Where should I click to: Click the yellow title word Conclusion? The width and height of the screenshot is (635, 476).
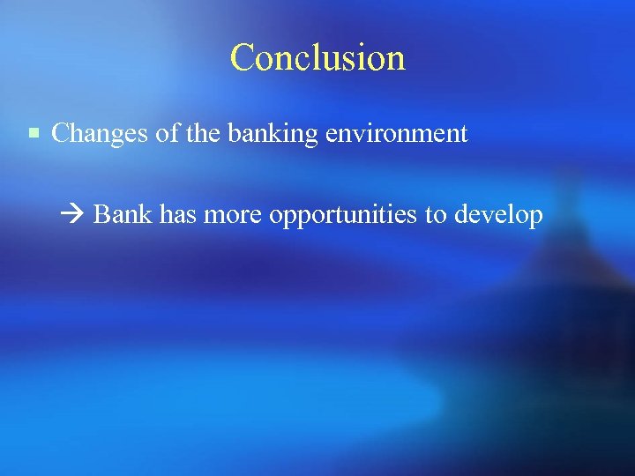[x=317, y=58]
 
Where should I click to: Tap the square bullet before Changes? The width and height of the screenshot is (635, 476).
[x=34, y=134]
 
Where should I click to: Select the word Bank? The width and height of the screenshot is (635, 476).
[x=123, y=214]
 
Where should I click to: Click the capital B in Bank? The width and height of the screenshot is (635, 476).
[x=101, y=214]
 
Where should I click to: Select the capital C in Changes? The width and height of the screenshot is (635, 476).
[x=60, y=134]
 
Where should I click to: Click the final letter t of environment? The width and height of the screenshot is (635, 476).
[x=464, y=135]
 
